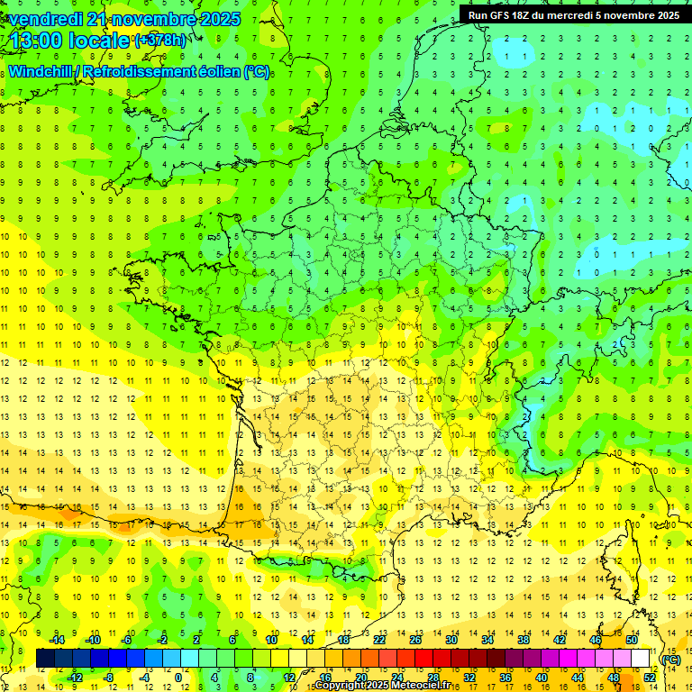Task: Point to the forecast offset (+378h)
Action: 160,41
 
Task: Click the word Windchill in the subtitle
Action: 41,70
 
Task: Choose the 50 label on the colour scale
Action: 631,639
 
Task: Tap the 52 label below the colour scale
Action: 649,677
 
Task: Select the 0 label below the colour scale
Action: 178,677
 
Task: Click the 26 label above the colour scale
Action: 415,639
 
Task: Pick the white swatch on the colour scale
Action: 640,659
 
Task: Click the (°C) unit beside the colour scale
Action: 671,659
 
